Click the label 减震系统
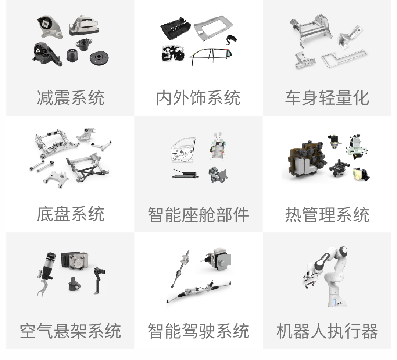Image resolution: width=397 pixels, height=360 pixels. point(70,97)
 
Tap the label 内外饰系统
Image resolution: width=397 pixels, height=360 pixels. point(198,97)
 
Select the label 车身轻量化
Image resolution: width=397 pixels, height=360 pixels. point(327,97)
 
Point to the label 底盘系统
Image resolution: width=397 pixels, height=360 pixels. point(70,214)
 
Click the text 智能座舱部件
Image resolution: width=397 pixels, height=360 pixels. point(198,214)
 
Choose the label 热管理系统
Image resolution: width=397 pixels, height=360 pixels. point(327,214)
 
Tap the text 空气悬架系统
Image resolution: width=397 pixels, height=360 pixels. point(70,331)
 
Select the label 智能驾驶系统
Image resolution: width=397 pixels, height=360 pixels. point(198,331)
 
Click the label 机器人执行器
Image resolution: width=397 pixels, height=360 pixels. point(327,331)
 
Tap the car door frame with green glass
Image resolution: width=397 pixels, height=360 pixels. point(210,56)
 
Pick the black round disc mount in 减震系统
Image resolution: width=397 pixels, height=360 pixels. point(99,58)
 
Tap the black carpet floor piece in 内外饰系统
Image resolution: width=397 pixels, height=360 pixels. point(175,28)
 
